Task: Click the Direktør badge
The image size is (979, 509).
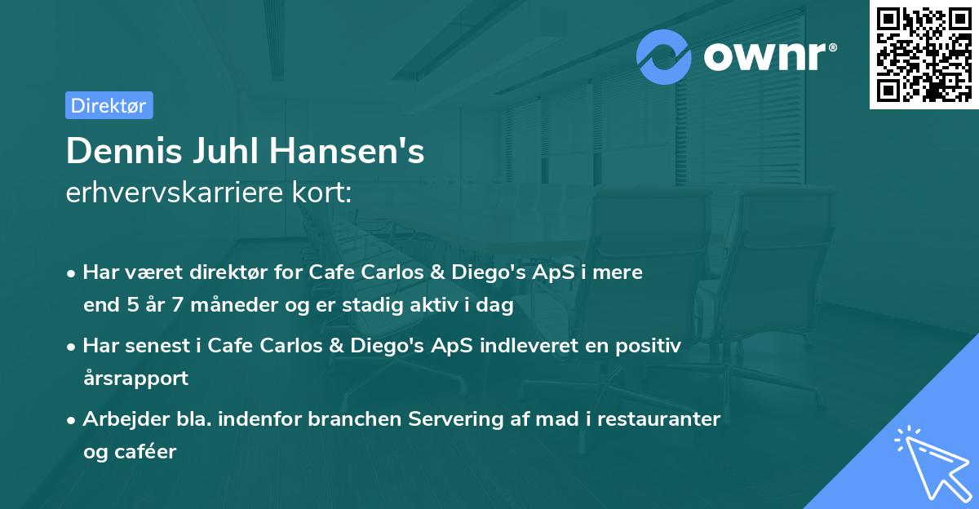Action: [x=109, y=105]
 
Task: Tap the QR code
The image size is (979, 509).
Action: [x=923, y=54]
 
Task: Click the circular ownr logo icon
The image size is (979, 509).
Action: [x=664, y=56]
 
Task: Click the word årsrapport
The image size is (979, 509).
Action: [x=135, y=378]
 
